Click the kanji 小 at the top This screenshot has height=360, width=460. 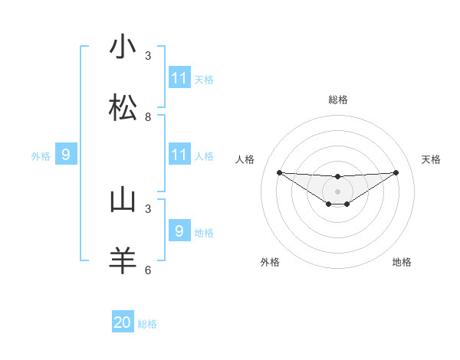123,47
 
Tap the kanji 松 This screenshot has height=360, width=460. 123,109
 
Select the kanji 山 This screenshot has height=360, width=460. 123,201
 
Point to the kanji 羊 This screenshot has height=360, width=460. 123,261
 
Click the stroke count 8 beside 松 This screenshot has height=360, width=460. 148,117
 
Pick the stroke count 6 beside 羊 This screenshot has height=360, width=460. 148,270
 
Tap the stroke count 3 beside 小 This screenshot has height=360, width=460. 148,56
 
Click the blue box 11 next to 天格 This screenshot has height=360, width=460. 179,78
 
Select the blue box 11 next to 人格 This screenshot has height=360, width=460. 179,155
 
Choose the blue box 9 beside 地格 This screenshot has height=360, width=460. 179,231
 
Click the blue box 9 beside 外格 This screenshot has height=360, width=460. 66,155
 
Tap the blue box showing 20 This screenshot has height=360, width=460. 123,322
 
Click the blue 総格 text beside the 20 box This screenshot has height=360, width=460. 147,324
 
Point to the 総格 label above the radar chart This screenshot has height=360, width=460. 338,100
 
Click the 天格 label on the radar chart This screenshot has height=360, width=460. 432,159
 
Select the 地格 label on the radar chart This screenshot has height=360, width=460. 402,262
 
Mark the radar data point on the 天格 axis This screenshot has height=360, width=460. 396,172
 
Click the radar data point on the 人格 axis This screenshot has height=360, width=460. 279,172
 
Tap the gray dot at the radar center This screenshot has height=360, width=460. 338,191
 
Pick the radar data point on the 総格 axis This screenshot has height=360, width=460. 338,177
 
